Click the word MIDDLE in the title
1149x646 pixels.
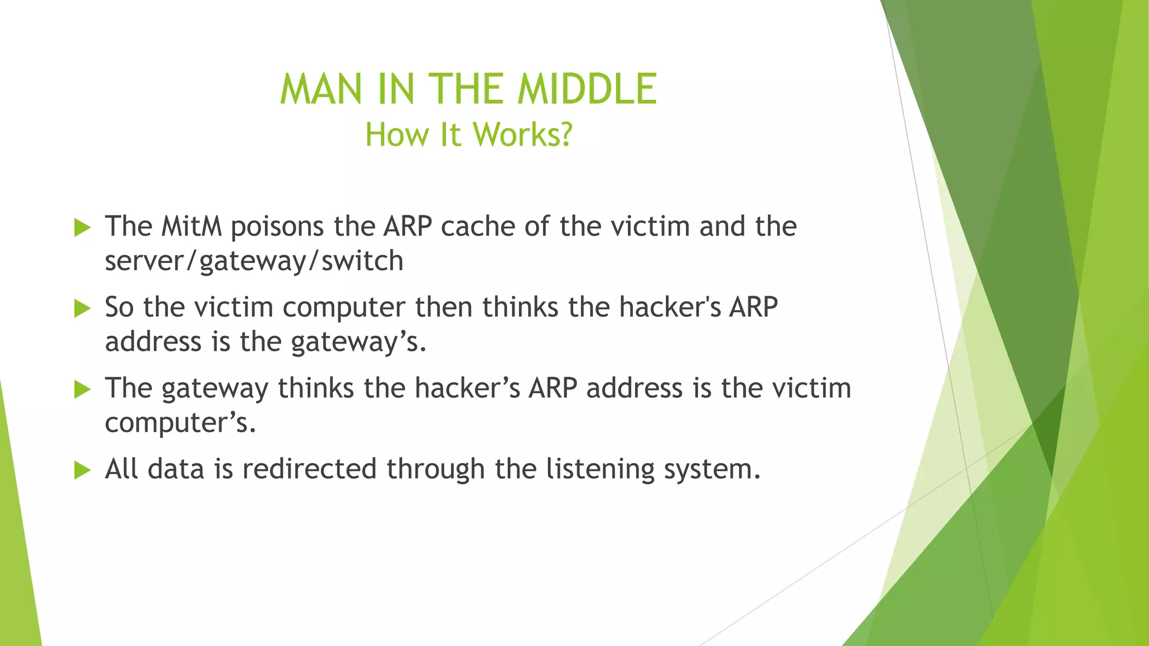(586, 89)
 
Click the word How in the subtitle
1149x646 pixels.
(396, 135)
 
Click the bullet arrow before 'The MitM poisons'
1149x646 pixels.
(82, 228)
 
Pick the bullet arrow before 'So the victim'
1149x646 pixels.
(82, 308)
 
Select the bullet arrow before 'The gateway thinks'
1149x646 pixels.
(82, 389)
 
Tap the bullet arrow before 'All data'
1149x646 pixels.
(82, 470)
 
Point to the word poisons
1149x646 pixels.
(277, 227)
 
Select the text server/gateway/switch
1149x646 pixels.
(254, 261)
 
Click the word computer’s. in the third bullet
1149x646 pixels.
(180, 423)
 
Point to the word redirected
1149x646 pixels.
(309, 469)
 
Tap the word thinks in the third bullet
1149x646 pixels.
(316, 388)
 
